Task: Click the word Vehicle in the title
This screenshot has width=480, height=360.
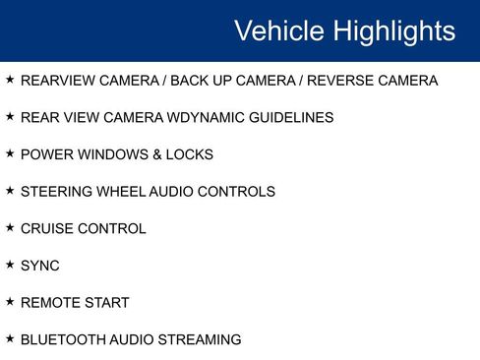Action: point(278,30)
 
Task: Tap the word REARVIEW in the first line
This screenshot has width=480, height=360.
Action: point(58,81)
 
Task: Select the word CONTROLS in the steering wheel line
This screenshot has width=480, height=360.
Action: point(236,192)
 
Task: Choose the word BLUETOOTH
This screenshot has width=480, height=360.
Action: point(63,340)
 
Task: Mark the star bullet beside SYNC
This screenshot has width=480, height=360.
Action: point(10,265)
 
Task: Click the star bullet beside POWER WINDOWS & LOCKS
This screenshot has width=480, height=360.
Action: point(10,153)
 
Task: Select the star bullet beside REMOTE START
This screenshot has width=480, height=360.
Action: point(10,302)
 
